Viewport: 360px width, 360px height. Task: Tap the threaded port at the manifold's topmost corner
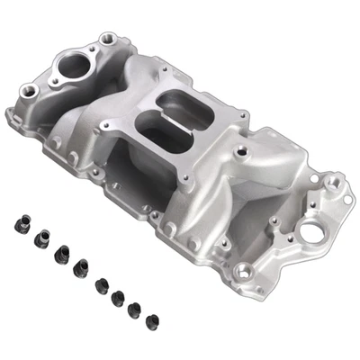(109, 39)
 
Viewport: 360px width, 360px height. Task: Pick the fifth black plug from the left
(102, 286)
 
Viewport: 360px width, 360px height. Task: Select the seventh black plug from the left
(134, 309)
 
